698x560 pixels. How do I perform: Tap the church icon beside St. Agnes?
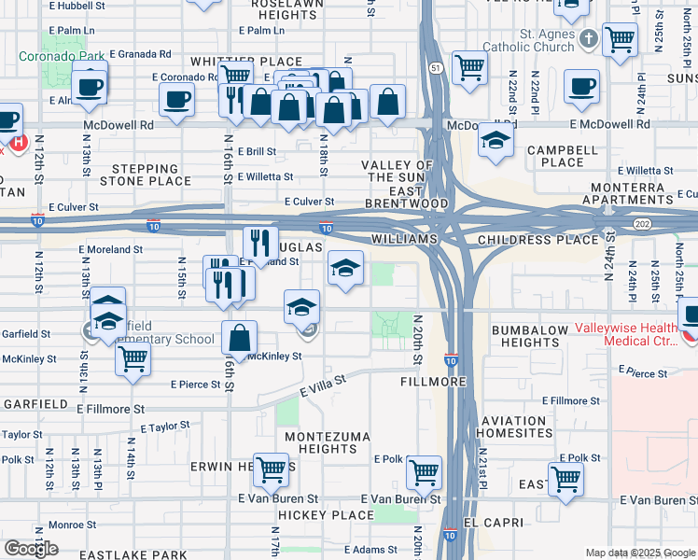pyautogui.click(x=588, y=40)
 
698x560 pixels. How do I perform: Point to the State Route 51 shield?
pyautogui.click(x=436, y=68)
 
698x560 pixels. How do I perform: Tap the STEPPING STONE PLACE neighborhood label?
pyautogui.click(x=151, y=175)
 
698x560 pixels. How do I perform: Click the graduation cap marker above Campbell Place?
pyautogui.click(x=496, y=140)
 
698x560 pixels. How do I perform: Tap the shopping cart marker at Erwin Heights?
pyautogui.click(x=271, y=470)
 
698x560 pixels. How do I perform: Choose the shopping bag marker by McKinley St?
pyautogui.click(x=240, y=338)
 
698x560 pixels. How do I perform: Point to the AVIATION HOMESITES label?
pyautogui.click(x=514, y=427)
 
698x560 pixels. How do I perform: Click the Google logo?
pyautogui.click(x=31, y=549)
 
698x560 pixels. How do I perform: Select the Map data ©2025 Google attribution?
pyautogui.click(x=640, y=553)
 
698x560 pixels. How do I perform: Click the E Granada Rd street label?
pyautogui.click(x=140, y=55)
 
